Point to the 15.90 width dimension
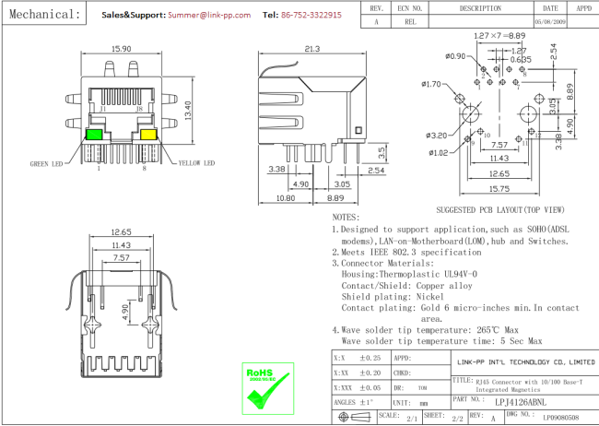(x=121, y=49)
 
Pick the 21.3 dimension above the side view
(x=311, y=49)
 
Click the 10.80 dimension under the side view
(x=285, y=197)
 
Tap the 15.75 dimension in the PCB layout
(x=500, y=189)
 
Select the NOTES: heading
(x=349, y=216)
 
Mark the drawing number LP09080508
(x=559, y=418)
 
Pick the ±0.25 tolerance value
(x=370, y=358)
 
